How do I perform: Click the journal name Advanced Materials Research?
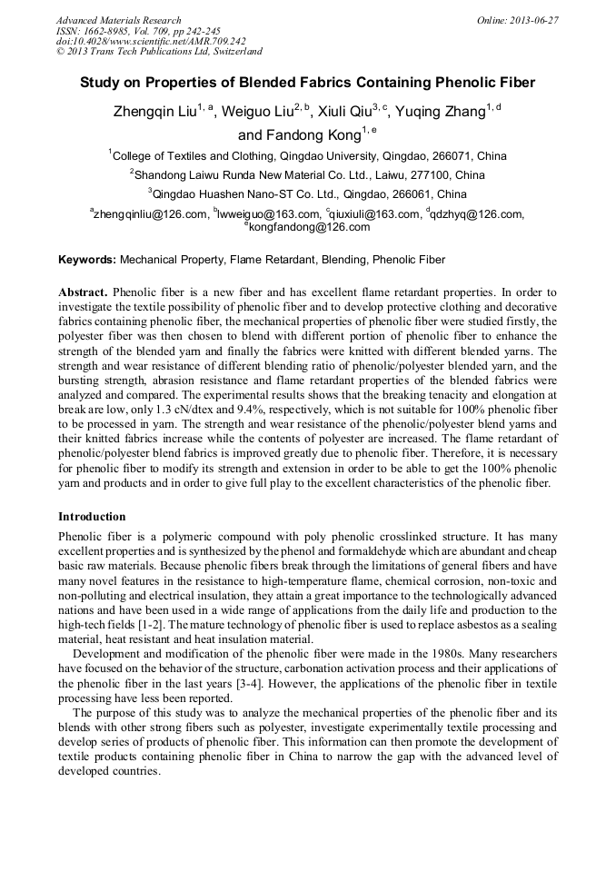pos(118,20)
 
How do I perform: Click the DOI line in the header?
pos(151,41)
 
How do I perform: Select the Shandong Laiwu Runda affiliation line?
pos(307,174)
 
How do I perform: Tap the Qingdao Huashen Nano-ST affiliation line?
pos(307,193)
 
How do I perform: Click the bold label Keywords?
pos(87,260)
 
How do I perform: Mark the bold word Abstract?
pos(84,292)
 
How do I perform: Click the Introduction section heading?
pos(92,516)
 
